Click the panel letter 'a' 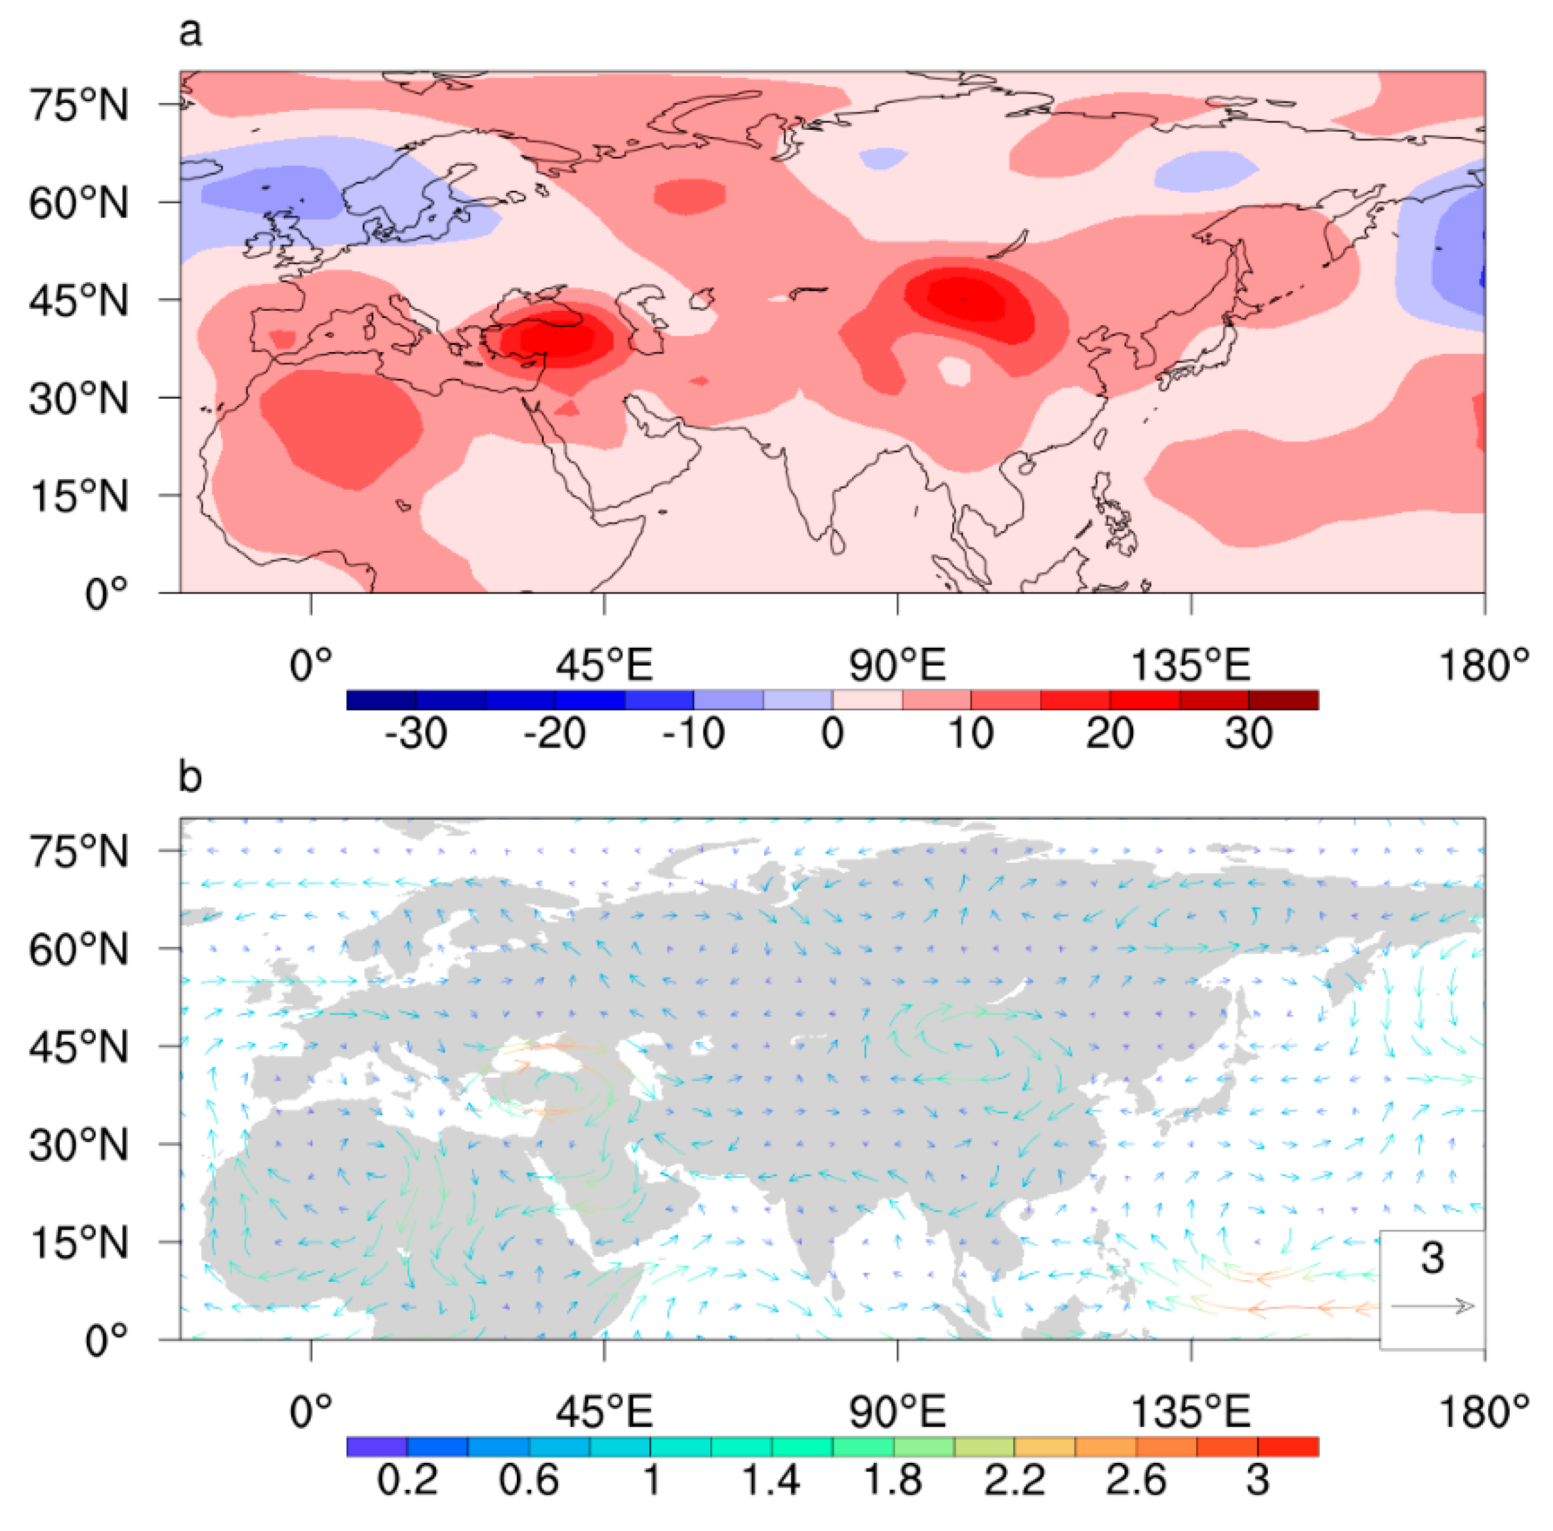point(190,33)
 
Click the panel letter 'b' point(190,776)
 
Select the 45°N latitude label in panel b point(79,1048)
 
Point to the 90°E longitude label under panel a point(897,666)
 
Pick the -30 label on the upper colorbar point(416,733)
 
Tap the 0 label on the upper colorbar point(833,733)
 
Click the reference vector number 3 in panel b point(1432,1257)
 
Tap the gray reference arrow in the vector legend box point(1432,1307)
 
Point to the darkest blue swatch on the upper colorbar point(381,700)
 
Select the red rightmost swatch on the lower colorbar point(1287,1446)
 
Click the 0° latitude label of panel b point(106,1340)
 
